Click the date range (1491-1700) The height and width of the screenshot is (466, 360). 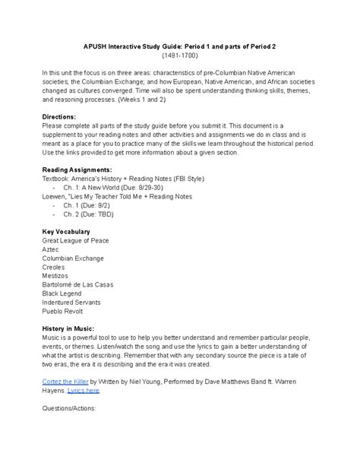(x=179, y=55)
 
